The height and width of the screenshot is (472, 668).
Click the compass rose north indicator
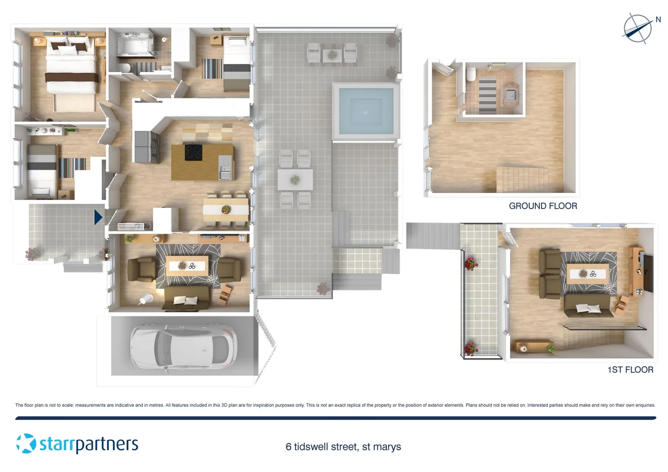click(x=637, y=28)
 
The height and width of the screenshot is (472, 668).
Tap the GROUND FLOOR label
click(x=543, y=206)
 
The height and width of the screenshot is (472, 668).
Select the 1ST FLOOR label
click(x=630, y=370)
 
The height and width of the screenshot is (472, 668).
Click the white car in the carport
click(x=184, y=347)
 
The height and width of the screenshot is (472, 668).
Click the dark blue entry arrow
click(x=98, y=217)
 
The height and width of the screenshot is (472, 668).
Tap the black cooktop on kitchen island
click(x=194, y=153)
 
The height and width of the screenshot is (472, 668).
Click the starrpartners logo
click(x=77, y=444)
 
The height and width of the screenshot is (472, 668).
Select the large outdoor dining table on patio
click(x=295, y=180)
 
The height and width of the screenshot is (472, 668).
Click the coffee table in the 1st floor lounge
click(x=587, y=274)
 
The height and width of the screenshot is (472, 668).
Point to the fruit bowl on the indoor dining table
click(x=226, y=210)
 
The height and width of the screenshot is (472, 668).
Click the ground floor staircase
click(x=522, y=180)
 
